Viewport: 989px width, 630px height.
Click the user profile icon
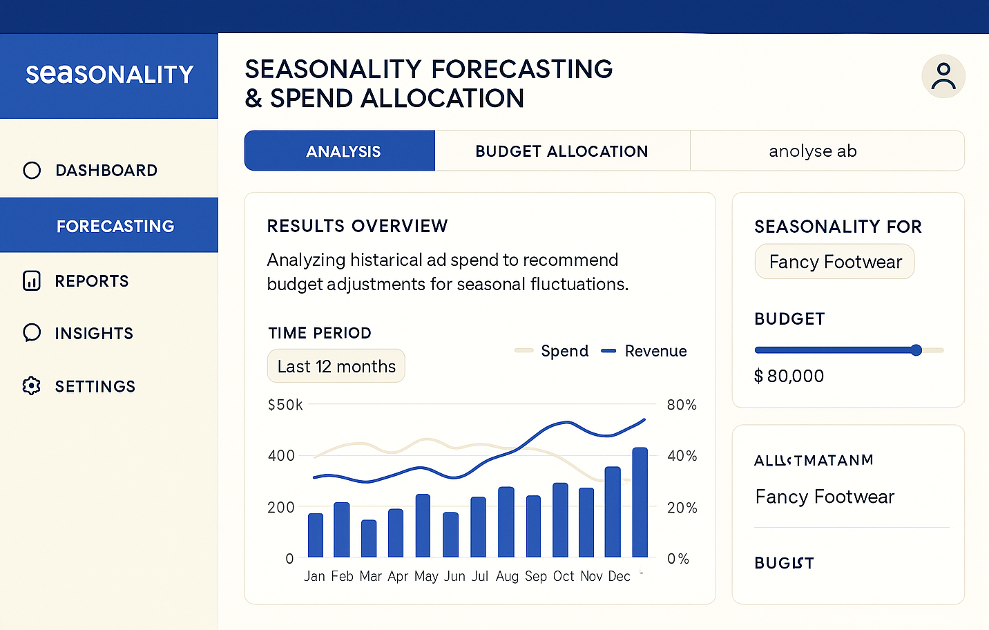(943, 76)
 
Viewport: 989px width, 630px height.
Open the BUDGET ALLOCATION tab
(561, 151)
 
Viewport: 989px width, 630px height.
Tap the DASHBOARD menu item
(106, 170)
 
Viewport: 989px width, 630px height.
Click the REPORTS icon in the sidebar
(32, 280)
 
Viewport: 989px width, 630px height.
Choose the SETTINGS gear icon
(32, 385)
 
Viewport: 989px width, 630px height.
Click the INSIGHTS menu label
(94, 333)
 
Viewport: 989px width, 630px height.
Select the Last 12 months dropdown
(336, 366)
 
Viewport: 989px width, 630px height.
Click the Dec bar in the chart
(640, 502)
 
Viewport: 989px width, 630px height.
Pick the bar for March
(369, 539)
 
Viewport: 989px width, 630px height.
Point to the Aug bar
(506, 522)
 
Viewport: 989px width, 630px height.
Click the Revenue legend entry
(644, 351)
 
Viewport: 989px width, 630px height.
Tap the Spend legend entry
(553, 351)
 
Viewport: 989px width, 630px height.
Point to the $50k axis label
(285, 404)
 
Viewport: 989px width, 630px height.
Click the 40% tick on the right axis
(681, 455)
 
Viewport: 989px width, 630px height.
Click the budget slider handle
(916, 350)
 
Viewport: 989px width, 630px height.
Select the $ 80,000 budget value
(789, 376)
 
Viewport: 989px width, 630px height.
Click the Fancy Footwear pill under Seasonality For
(834, 262)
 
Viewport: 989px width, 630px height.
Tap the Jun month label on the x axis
(454, 576)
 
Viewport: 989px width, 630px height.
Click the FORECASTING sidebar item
(115, 226)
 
